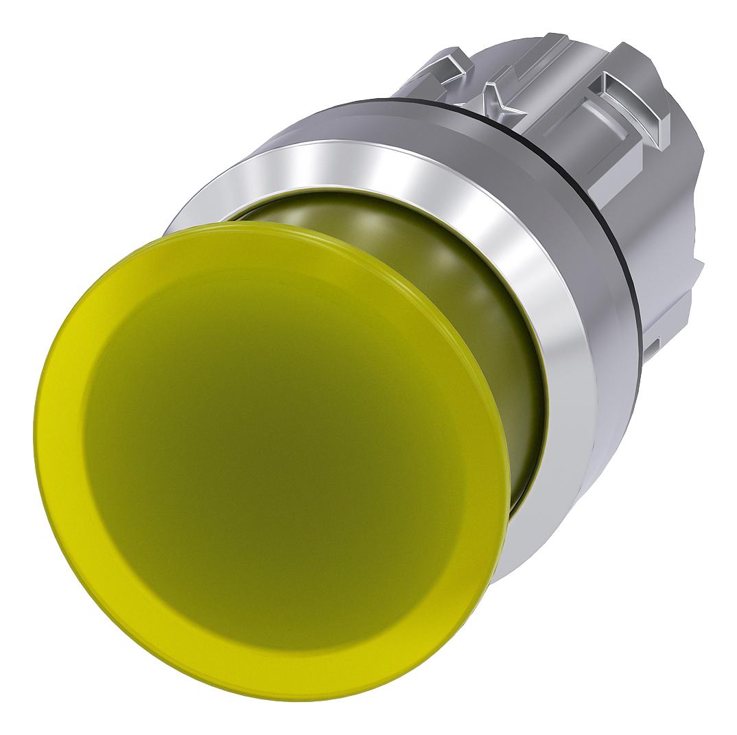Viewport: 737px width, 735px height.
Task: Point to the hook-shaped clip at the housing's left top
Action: click(446, 69)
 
